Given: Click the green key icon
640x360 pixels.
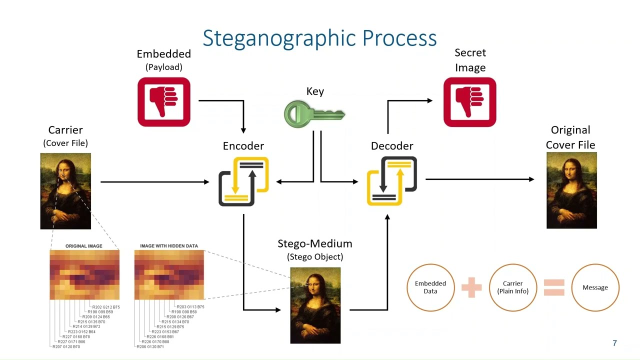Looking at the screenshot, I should pos(314,113).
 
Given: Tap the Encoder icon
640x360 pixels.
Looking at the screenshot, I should pos(243,181).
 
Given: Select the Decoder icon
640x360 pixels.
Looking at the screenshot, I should pos(392,180).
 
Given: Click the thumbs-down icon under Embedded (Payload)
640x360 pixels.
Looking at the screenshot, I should pos(164,102).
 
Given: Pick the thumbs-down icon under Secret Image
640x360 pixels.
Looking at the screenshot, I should pos(469,102).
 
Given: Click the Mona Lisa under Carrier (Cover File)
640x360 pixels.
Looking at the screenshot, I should pos(65,191).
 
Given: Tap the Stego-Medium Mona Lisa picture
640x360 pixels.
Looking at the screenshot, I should pos(315,305).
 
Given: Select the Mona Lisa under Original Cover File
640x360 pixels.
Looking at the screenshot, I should pos(571,190).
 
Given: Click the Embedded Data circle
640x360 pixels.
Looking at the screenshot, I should pos(430,287).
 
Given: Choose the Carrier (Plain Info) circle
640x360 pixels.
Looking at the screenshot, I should pos(512,287).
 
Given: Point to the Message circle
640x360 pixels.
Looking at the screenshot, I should pos(595,287).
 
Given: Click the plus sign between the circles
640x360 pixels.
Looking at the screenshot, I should pos(471,287).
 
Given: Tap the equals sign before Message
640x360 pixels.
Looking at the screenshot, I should pos(553,287).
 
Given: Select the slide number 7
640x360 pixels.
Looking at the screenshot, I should pos(614,343).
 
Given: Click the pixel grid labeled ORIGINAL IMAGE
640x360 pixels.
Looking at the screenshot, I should pos(84,274).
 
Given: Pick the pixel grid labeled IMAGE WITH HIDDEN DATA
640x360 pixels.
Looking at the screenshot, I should pos(169,274).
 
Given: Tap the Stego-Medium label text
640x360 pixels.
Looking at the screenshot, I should pos(315,244).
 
